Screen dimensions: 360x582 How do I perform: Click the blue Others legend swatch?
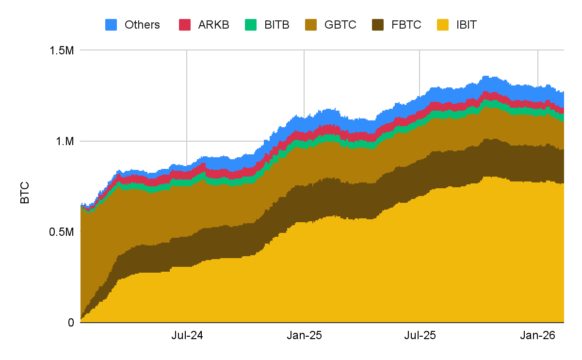click(x=112, y=25)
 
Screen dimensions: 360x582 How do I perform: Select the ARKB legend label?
click(x=213, y=25)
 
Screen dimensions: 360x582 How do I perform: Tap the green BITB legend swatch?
click(x=251, y=25)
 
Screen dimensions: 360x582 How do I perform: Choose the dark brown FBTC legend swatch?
click(x=378, y=25)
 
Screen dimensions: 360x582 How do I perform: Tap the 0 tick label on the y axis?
click(x=70, y=323)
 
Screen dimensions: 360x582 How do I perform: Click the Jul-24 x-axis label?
click(x=187, y=335)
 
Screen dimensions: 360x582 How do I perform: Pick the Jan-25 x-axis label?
click(x=304, y=335)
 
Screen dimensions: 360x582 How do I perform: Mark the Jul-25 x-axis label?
click(x=420, y=335)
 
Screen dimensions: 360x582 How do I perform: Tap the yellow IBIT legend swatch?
click(x=444, y=25)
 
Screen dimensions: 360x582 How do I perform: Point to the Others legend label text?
click(x=142, y=25)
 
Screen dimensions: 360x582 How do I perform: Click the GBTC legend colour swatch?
click(x=311, y=25)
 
